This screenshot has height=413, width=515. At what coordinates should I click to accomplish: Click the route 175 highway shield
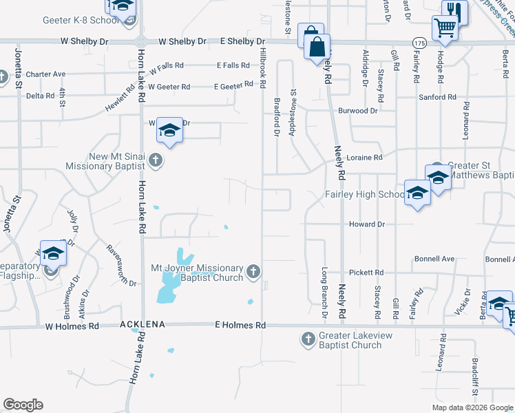[x=418, y=43]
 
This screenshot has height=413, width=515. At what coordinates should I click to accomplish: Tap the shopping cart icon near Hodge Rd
[x=445, y=28]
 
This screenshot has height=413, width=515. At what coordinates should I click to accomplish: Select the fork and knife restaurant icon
[x=452, y=10]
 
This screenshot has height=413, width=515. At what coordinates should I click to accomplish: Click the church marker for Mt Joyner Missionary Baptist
[x=253, y=270]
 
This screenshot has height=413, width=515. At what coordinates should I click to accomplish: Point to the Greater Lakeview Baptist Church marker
[x=308, y=338]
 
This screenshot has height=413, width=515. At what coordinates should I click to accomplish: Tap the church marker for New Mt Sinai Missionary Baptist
[x=156, y=160]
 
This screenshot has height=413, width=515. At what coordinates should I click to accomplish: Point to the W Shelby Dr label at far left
[x=85, y=41]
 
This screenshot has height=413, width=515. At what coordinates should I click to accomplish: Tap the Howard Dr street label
[x=366, y=224]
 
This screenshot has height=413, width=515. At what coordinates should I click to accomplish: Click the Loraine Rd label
[x=365, y=158]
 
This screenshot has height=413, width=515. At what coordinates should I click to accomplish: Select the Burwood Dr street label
[x=357, y=110]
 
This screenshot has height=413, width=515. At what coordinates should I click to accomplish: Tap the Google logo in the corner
[x=23, y=405]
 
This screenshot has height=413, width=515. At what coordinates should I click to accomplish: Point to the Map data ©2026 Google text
[x=472, y=407]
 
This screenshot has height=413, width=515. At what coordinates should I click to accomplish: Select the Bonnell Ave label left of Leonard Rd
[x=434, y=259]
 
